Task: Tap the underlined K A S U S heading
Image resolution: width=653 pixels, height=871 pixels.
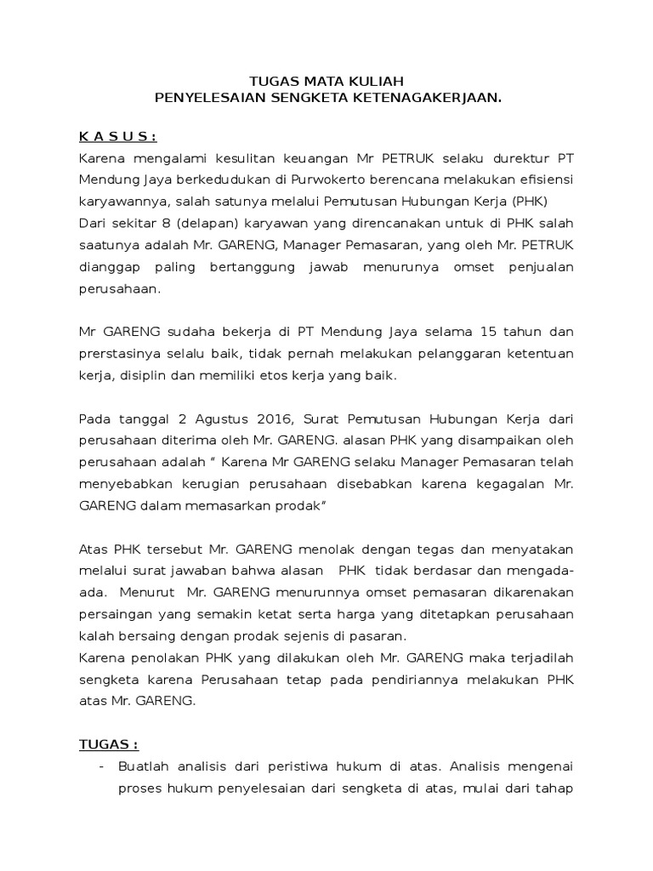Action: (117, 137)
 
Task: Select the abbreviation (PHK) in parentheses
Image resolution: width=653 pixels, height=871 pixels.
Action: (531, 202)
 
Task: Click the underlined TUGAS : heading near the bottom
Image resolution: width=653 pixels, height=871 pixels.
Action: (109, 744)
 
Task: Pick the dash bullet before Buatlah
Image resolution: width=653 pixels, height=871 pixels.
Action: (102, 766)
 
